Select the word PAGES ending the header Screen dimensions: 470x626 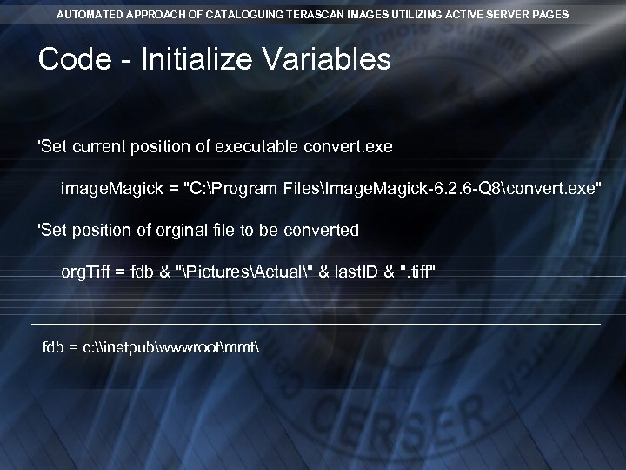tap(551, 15)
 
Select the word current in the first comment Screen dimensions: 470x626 tap(99, 147)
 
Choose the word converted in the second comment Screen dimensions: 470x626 tap(325, 231)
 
